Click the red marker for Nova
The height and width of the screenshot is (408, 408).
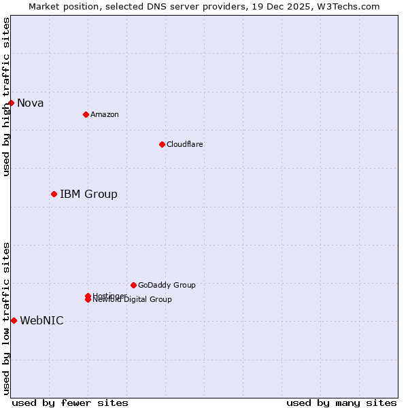coord(11,103)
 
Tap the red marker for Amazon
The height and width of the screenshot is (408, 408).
coord(86,114)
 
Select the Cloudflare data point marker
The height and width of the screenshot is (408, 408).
coord(162,144)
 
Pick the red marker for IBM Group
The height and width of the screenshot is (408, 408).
coord(54,194)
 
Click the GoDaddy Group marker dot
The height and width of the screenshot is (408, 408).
coord(133,285)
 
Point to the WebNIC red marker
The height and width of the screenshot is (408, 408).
coord(14,320)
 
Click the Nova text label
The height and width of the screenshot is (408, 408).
coord(31,103)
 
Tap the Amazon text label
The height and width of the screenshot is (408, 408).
coord(105,114)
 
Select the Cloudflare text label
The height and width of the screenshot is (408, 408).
coord(185,144)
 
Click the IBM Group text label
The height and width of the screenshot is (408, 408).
coord(88,194)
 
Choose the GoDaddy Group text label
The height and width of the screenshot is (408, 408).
coord(167,285)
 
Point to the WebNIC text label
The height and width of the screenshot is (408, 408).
coord(41,321)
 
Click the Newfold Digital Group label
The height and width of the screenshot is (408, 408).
coord(133,300)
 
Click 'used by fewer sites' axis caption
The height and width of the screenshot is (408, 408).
coord(70,403)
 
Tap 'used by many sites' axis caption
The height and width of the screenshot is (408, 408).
coord(341,403)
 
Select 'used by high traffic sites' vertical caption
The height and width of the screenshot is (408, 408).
coord(7,97)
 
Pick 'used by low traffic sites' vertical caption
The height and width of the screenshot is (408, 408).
coord(7,318)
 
